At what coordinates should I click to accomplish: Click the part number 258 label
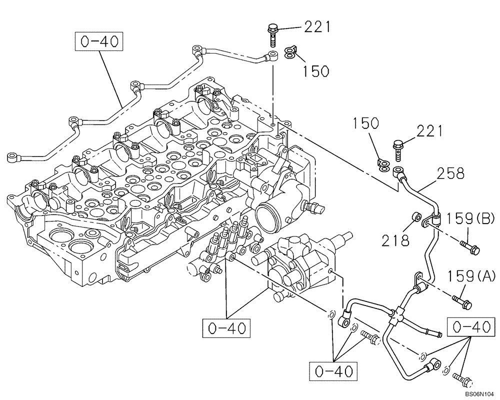(x=450, y=173)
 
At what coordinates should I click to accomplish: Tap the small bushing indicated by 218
(x=415, y=217)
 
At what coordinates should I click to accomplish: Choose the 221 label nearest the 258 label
(x=428, y=131)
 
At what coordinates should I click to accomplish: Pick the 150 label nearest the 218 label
(x=368, y=124)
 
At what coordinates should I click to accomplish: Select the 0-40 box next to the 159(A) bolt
(x=469, y=327)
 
